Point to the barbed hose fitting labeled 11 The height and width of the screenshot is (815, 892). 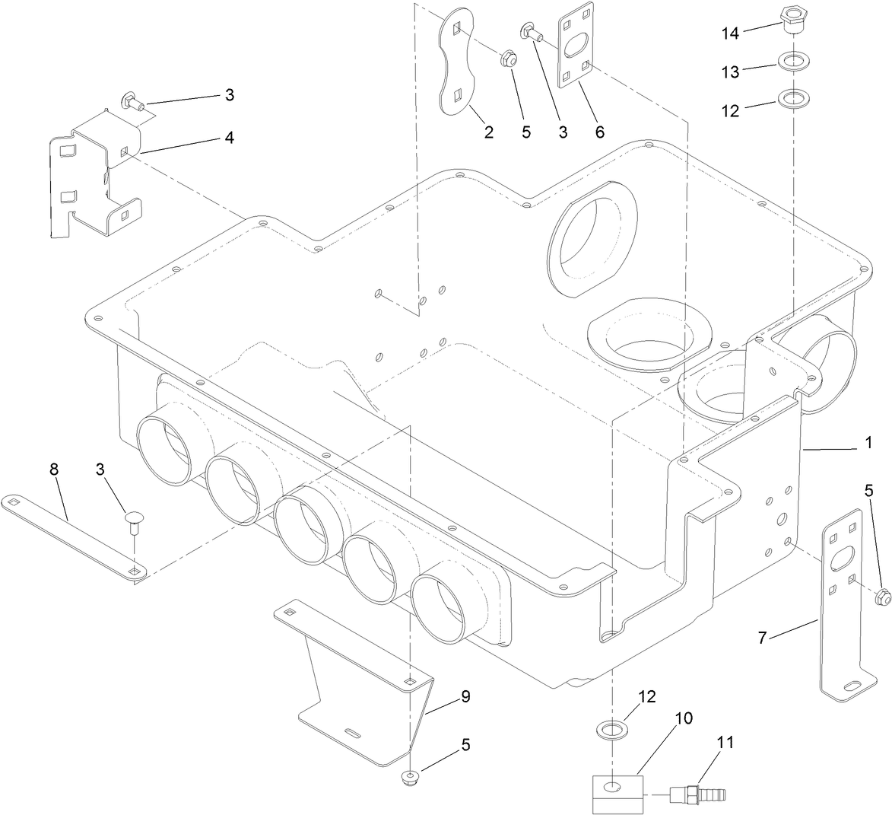coord(697,795)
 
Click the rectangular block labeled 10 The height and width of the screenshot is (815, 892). coord(617,793)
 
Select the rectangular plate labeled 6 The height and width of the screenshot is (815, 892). coord(576,49)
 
